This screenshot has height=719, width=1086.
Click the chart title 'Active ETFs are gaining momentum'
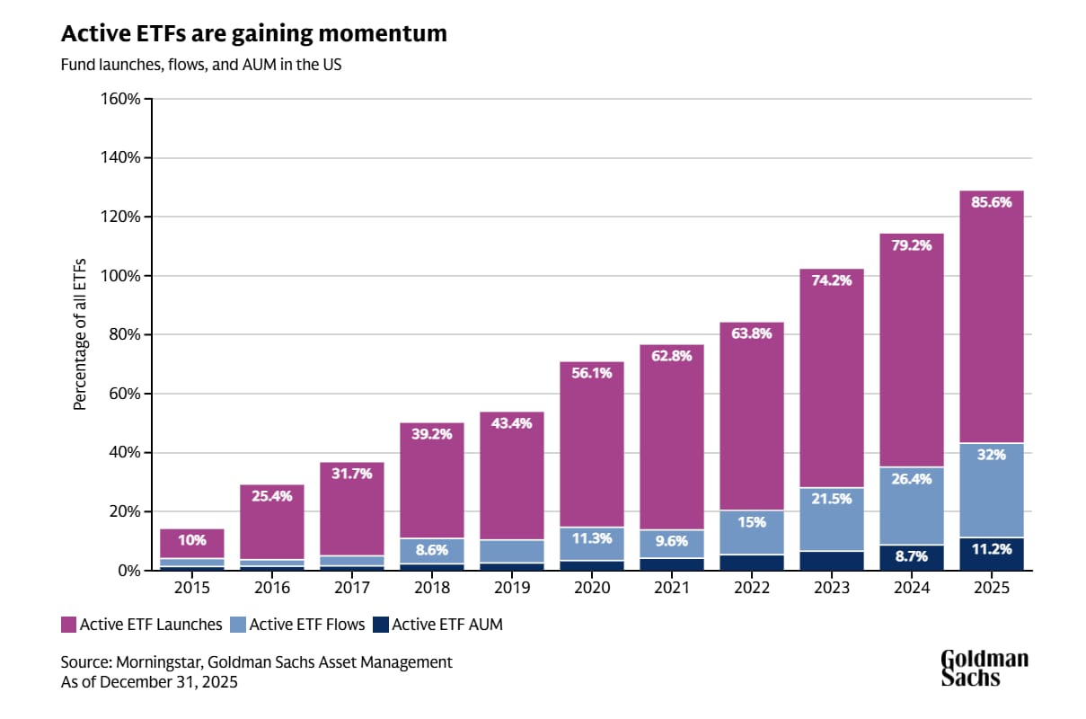pos(253,34)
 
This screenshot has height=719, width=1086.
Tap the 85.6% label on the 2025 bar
pos(991,202)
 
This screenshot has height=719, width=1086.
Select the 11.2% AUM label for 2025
pos(991,549)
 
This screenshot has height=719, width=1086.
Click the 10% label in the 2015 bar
pos(191,540)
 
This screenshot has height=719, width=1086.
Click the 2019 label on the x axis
pos(512,588)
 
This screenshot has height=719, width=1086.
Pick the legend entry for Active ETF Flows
pos(300,624)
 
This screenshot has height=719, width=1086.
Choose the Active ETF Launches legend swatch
pos(68,624)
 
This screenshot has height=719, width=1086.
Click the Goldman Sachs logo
pos(984,668)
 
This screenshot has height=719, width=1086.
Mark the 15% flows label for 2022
pos(752,522)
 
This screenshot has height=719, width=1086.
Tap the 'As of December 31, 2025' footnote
pos(149,681)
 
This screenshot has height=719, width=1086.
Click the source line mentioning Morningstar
pos(257,662)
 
